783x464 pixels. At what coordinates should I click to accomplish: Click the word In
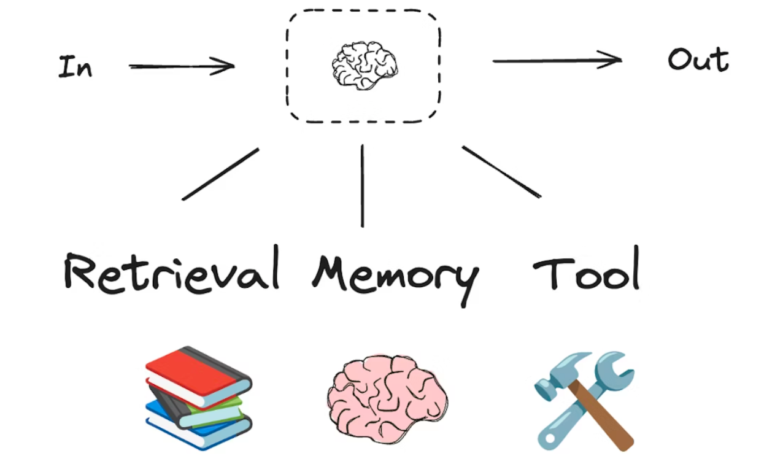pyautogui.click(x=75, y=66)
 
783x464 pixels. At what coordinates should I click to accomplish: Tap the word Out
pyautogui.click(x=698, y=60)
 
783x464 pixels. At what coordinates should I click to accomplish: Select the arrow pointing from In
pyautogui.click(x=182, y=66)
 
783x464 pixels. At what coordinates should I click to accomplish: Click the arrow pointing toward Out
pyautogui.click(x=557, y=61)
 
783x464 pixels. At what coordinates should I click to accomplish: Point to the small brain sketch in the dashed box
pyautogui.click(x=364, y=66)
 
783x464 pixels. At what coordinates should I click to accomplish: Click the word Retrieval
pyautogui.click(x=171, y=269)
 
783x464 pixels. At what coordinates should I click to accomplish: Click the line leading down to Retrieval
pyautogui.click(x=220, y=174)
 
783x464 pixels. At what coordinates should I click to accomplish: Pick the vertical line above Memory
pyautogui.click(x=362, y=186)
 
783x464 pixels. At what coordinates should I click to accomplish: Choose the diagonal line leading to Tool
pyautogui.click(x=501, y=172)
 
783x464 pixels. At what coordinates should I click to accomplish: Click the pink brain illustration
pyautogui.click(x=388, y=399)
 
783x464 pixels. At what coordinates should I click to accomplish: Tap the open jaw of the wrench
pyautogui.click(x=616, y=367)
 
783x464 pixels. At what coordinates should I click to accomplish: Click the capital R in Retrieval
pyautogui.click(x=79, y=271)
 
